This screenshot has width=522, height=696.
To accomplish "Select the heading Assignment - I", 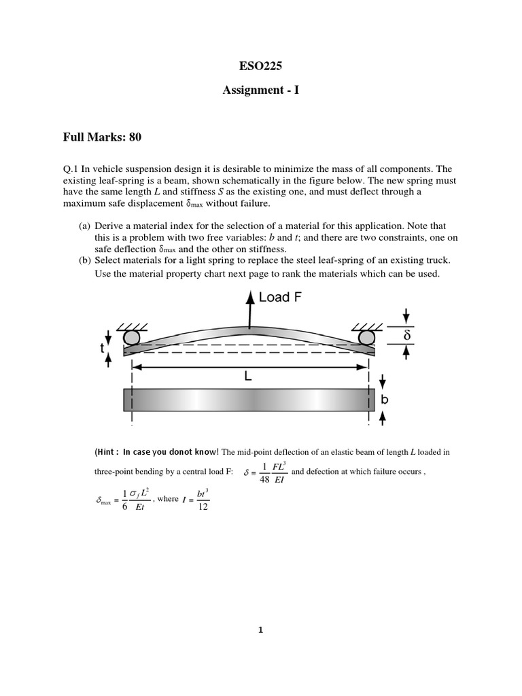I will tap(260, 88).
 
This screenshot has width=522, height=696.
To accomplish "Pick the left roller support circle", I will tap(132, 338).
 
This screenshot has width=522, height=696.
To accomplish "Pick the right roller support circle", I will tap(368, 338).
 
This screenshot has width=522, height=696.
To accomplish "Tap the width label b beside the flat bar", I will tap(385, 400).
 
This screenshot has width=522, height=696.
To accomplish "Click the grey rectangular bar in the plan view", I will tap(249, 400).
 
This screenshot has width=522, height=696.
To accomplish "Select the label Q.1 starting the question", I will tap(71, 169).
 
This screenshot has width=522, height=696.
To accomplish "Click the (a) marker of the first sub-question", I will tap(86, 225).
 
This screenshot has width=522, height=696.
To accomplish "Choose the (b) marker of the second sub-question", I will tap(86, 260).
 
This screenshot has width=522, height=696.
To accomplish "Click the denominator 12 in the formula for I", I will tap(203, 507).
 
